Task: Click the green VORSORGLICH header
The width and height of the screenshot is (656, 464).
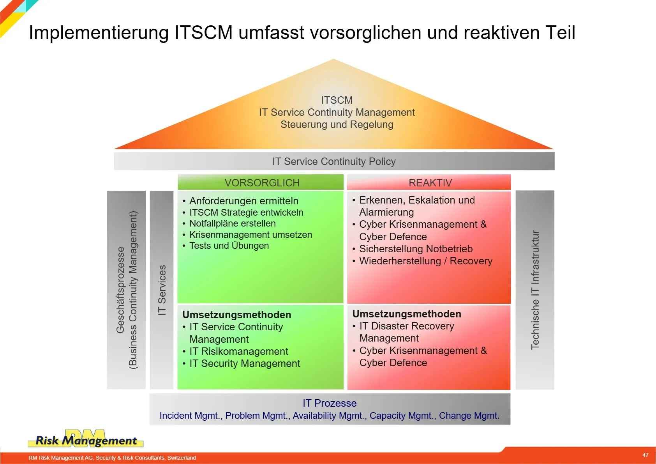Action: coord(260,182)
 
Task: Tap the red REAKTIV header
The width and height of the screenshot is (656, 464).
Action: coord(429,182)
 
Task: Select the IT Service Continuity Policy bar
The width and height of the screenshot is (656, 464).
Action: coord(334,161)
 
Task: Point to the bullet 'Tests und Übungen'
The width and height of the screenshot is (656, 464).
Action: coord(226,245)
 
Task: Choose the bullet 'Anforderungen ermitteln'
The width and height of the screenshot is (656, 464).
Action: coord(240,201)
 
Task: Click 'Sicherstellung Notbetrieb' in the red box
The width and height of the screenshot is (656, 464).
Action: coord(413,248)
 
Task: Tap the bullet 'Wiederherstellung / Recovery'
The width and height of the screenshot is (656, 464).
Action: coord(422,260)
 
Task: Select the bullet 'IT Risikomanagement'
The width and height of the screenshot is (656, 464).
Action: coord(235,351)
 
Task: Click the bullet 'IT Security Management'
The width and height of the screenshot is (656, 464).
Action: coord(241,363)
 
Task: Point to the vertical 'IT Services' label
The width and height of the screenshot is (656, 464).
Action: coord(162,290)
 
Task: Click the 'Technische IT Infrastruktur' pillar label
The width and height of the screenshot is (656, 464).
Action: coord(535,290)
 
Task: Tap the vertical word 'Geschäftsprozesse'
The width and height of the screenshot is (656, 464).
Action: coord(120,290)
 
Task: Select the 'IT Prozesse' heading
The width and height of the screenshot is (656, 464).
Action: coord(330,403)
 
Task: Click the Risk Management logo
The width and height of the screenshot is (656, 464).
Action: coord(86,439)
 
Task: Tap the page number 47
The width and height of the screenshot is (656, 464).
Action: coord(645,455)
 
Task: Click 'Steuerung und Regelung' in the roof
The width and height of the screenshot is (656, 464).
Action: coord(337,124)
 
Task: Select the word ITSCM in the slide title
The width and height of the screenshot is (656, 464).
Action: coord(203,32)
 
